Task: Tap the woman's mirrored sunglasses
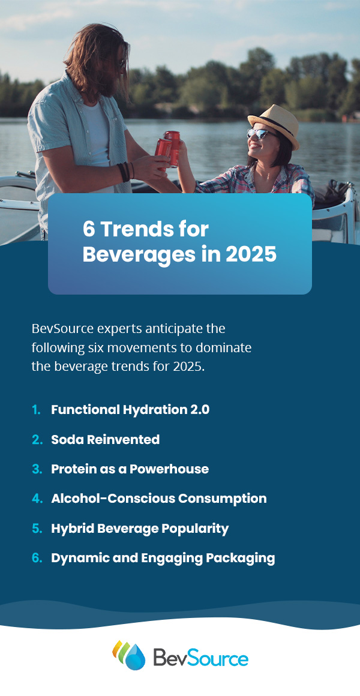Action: click(x=257, y=133)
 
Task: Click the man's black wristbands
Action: click(x=125, y=172)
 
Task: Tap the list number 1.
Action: click(x=36, y=410)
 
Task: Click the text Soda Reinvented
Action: click(x=105, y=439)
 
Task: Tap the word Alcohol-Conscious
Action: click(x=113, y=499)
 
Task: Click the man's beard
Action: click(x=108, y=80)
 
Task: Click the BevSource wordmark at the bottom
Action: click(x=200, y=657)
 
